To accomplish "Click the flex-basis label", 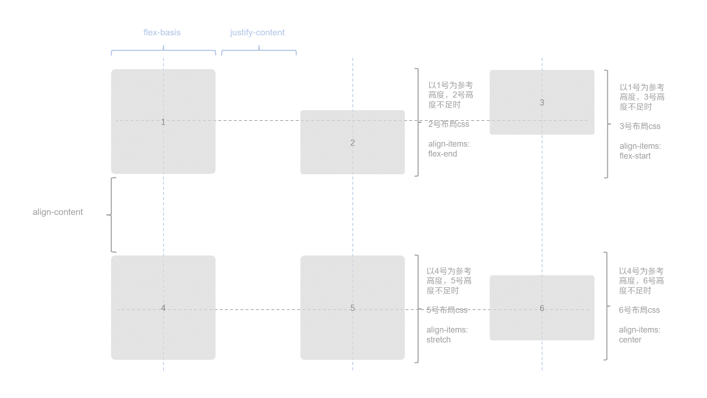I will tap(162, 33).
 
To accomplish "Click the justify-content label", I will tap(257, 33).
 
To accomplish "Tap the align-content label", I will tap(58, 212).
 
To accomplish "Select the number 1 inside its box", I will tap(163, 122).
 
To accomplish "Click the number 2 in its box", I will tap(352, 143).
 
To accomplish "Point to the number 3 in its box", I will tap(542, 103).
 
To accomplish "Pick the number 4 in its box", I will tap(163, 308).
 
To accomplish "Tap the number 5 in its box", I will tap(352, 308).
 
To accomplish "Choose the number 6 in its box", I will tap(542, 308).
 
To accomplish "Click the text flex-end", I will tap(442, 154).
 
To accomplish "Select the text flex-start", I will tap(635, 156).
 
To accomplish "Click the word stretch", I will tap(438, 340).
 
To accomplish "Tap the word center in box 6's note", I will tap(630, 340).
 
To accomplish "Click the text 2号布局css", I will tap(448, 124).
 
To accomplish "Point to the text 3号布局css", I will tap(640, 126).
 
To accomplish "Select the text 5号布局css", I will tap(447, 310).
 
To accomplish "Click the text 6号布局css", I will tap(639, 310).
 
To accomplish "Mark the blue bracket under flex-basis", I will tap(163, 51).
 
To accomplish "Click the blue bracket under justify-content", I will tap(259, 51).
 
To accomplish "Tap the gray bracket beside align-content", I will tap(111, 215).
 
